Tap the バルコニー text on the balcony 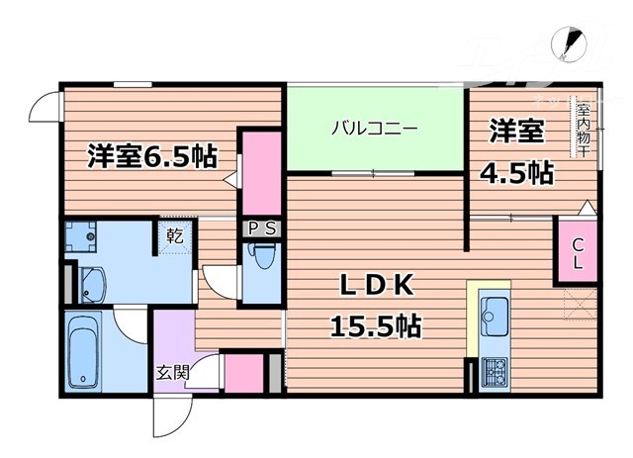(x=374, y=129)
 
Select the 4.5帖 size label (x=515, y=174)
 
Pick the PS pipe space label (x=262, y=229)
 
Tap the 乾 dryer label (x=173, y=236)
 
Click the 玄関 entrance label (x=172, y=373)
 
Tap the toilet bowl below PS (x=261, y=259)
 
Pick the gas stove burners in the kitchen (x=492, y=371)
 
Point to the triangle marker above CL (x=586, y=208)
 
